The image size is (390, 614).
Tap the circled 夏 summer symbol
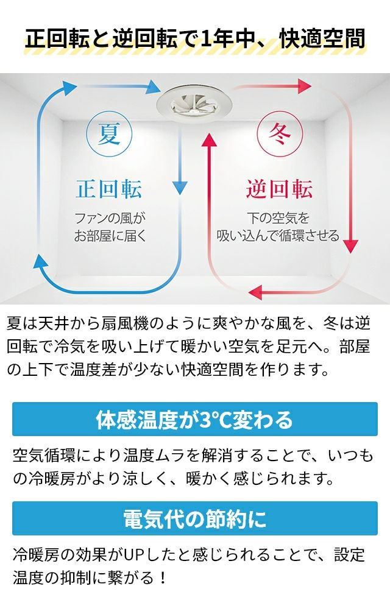point(109,134)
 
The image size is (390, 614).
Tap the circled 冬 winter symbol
point(280,134)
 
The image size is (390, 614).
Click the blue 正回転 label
point(109,189)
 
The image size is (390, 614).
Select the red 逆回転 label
point(280,189)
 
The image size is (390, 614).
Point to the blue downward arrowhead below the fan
point(180,188)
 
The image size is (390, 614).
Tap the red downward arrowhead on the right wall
point(350,246)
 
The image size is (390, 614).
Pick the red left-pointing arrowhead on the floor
point(255,292)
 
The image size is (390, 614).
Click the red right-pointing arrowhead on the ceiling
point(304,86)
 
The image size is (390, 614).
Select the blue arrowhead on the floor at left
point(41,261)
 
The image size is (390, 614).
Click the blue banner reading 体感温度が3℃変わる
point(195,419)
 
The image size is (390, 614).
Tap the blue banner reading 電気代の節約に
point(195,518)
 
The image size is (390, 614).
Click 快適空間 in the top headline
point(322,39)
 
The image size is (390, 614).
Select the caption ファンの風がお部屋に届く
point(110,227)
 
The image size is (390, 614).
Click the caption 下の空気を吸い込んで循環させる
point(278,227)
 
